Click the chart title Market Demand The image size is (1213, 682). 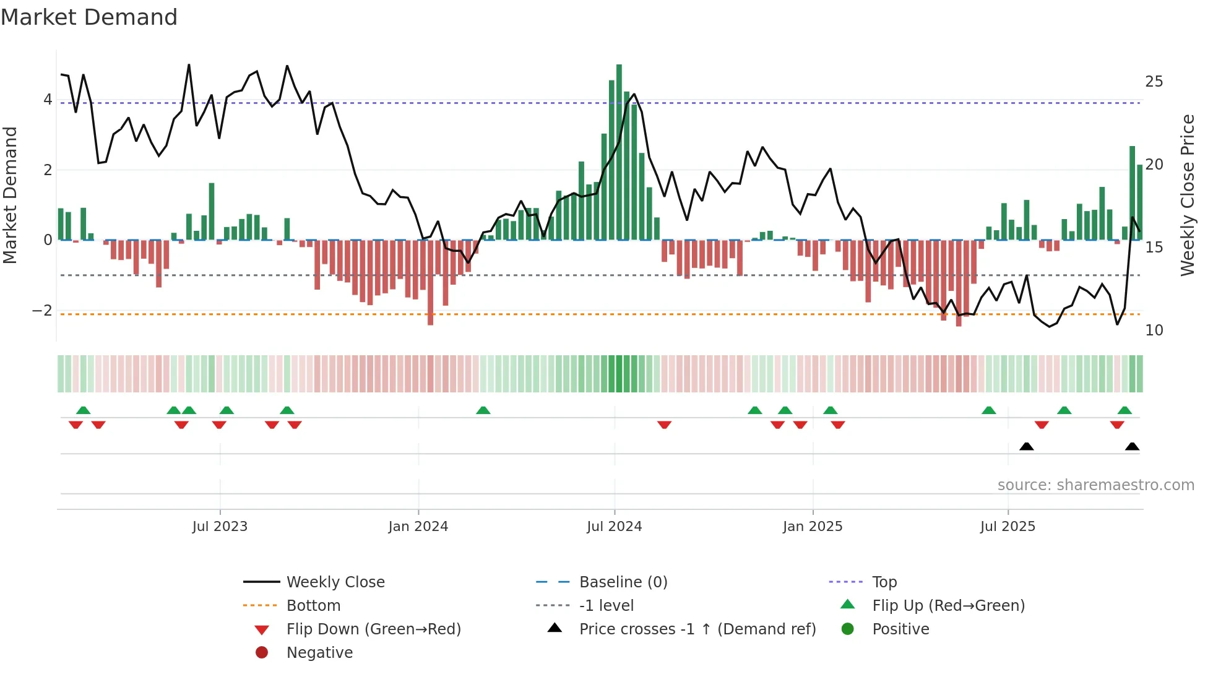click(x=89, y=17)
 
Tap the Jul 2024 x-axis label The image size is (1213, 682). click(x=614, y=527)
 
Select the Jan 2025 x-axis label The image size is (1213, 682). click(x=812, y=527)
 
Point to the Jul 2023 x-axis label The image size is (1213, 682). click(x=220, y=527)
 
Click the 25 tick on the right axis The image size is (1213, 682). click(x=1154, y=82)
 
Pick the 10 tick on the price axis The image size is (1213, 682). click(x=1154, y=330)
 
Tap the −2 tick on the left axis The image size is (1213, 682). click(x=42, y=311)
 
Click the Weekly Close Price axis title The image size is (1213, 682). click(x=1187, y=195)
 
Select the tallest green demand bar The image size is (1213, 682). click(x=619, y=152)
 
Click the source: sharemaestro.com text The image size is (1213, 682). click(x=1095, y=485)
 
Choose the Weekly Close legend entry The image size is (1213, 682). click(x=335, y=582)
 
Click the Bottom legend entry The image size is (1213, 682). click(x=313, y=606)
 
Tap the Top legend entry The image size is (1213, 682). click(x=884, y=582)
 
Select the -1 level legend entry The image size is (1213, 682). click(x=606, y=606)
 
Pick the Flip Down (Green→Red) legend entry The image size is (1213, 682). click(x=373, y=629)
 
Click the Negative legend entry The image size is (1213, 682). click(x=319, y=653)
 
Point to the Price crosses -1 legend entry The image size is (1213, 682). click(x=697, y=629)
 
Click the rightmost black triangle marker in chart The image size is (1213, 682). click(x=1132, y=446)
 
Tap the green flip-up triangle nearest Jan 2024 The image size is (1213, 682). click(x=483, y=410)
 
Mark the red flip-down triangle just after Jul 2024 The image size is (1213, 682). click(x=664, y=425)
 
